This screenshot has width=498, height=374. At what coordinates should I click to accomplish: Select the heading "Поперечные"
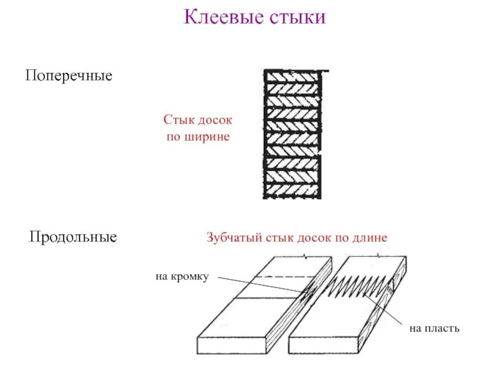pyautogui.click(x=68, y=76)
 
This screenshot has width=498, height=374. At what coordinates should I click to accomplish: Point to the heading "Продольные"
pyautogui.click(x=73, y=237)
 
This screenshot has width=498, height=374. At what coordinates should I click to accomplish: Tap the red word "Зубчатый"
pyautogui.click(x=234, y=237)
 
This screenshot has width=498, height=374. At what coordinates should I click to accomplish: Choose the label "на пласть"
pyautogui.click(x=434, y=327)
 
